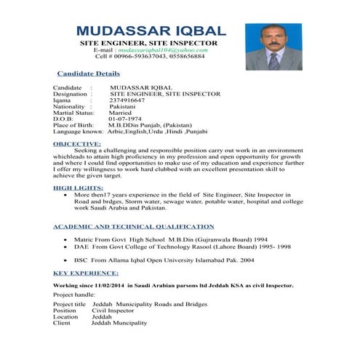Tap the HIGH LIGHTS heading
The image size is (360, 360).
[x=78, y=188]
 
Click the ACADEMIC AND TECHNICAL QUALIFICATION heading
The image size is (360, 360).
[x=134, y=227]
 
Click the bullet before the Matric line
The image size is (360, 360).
[x=66, y=239]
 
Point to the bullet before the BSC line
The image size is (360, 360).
[x=66, y=260]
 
